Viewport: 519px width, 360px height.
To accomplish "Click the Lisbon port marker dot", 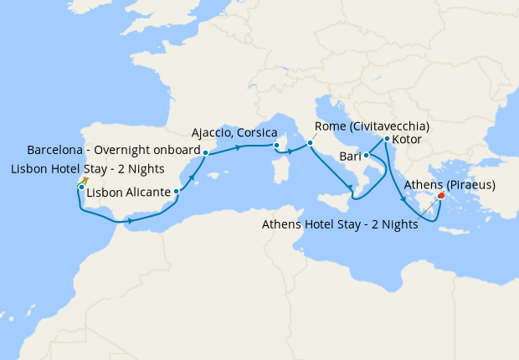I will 80,187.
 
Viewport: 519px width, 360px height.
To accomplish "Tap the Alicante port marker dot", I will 176,192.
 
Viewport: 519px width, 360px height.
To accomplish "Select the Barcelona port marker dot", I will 206,152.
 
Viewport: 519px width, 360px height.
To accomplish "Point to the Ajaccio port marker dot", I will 276,146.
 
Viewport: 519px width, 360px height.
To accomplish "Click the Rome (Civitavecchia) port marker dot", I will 310,143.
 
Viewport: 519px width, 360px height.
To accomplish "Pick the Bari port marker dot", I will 367,156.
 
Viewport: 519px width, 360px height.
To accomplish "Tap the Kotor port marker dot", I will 387,139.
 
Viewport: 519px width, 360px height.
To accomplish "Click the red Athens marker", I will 441,198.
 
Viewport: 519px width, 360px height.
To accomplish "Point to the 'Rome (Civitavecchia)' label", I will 372,126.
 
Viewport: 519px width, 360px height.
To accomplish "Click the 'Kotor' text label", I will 406,139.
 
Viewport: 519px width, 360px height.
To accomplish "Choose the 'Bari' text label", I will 351,157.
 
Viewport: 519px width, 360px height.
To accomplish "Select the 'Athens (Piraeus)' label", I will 450,185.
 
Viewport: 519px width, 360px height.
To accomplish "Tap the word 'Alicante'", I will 147,193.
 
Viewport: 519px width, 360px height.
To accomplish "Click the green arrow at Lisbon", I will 85,179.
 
